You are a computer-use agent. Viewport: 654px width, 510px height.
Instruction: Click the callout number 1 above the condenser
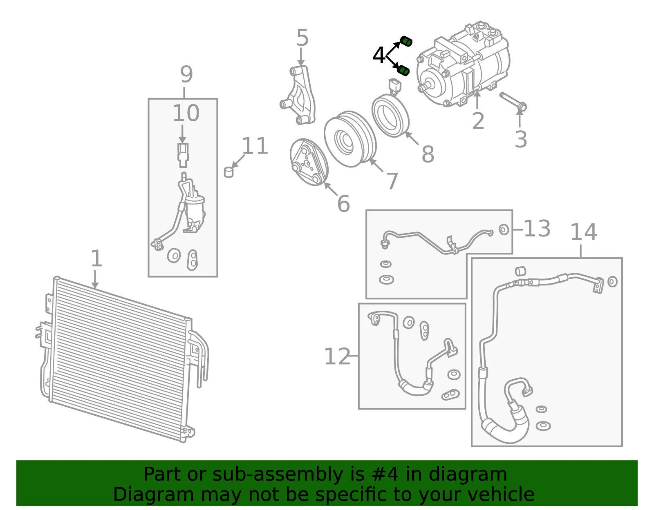click(96, 258)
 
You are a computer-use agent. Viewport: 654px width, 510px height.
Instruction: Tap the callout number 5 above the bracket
click(302, 38)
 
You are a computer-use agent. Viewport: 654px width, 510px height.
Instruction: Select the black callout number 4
click(379, 55)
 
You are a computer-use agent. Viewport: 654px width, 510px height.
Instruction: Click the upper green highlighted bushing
click(406, 42)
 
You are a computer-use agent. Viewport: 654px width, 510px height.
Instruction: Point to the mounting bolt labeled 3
click(513, 102)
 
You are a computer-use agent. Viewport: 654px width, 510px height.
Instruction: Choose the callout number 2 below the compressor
click(478, 121)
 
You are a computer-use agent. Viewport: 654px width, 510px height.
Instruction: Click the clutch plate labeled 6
click(309, 162)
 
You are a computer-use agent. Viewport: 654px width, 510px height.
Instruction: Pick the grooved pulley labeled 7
click(350, 139)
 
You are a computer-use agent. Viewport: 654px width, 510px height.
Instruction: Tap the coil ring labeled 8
click(390, 116)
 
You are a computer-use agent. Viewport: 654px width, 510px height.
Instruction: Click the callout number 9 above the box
click(186, 74)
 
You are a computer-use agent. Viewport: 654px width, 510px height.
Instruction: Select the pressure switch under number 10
click(183, 155)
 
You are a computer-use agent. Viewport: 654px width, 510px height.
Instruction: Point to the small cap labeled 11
click(229, 172)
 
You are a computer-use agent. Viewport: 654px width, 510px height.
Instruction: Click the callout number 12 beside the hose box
click(337, 356)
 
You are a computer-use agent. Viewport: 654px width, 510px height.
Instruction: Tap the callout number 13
click(537, 228)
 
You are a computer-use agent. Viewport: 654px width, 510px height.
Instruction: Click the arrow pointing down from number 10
click(182, 134)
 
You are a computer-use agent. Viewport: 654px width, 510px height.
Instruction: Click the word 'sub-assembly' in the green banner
click(278, 474)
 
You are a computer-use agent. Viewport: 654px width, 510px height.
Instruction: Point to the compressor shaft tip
click(420, 88)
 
